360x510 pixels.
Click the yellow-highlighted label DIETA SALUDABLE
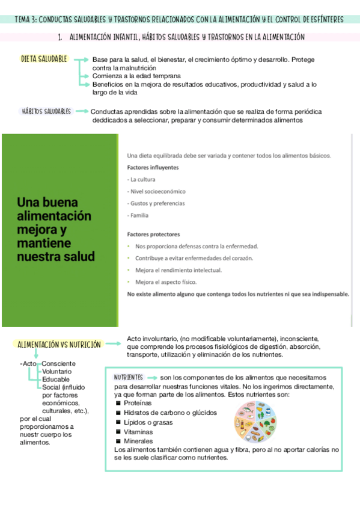coord(44,59)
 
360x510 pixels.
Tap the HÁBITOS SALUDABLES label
coord(46,111)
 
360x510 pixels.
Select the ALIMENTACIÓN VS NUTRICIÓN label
coord(58,345)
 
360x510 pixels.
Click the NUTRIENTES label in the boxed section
coord(128,377)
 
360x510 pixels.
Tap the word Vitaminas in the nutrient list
coord(138,432)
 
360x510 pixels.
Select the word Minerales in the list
coord(138,441)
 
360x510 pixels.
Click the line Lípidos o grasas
coord(148,422)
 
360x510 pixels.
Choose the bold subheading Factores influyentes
coord(153,167)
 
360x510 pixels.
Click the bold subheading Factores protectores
coord(154,234)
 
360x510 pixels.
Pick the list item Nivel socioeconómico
coord(157,191)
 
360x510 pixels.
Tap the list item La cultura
coord(142,179)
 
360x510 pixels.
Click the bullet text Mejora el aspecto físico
coord(166,281)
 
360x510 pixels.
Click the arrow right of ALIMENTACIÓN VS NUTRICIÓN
coord(113,345)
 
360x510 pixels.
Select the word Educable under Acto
coord(56,379)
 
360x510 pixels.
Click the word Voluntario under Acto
coord(57,372)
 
